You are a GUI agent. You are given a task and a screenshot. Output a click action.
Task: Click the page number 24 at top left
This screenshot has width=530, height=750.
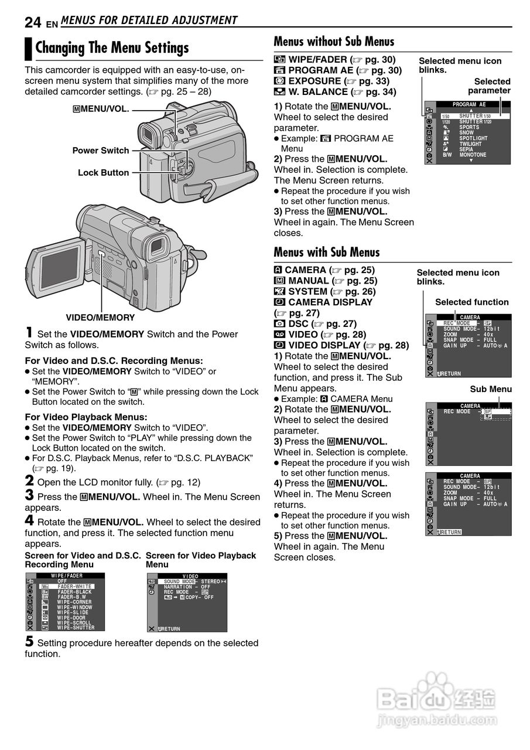pos(33,22)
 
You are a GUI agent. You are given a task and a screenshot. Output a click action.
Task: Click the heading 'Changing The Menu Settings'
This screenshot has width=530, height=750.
pos(112,48)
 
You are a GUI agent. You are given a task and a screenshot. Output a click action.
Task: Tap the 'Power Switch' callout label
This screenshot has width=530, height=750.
pos(100,151)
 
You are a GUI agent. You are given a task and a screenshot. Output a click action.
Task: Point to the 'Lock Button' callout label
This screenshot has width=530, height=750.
pos(103,173)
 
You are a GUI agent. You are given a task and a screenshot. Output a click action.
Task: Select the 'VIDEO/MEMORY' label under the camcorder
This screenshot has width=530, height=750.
pos(100,318)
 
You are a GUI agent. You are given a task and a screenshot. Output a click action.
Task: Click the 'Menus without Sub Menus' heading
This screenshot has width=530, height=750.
pos(334,42)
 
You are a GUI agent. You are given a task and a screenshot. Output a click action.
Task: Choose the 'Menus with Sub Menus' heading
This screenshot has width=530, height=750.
pos(327,253)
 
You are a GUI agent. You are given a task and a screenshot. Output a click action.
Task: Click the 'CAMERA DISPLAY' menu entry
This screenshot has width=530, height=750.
pos(330,302)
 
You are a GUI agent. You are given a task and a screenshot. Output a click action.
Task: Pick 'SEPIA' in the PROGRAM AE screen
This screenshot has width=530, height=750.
pos(467,149)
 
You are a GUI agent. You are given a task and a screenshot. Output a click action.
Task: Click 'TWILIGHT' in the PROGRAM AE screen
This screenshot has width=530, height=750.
pos(470,144)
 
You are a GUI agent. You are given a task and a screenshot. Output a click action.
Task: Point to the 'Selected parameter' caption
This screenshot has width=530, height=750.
pos(490,86)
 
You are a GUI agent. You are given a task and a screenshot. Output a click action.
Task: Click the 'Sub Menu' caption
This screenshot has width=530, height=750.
pos(491,389)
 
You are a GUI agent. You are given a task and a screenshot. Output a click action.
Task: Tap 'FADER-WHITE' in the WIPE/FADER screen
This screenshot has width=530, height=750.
pos(74,587)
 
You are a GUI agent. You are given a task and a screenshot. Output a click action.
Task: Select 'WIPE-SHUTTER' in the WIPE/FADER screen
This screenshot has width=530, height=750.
pos(76,628)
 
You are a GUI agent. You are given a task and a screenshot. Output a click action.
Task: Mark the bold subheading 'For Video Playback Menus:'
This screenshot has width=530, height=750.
pos(86,417)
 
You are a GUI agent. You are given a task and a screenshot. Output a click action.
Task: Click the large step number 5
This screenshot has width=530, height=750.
pos(29,641)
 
